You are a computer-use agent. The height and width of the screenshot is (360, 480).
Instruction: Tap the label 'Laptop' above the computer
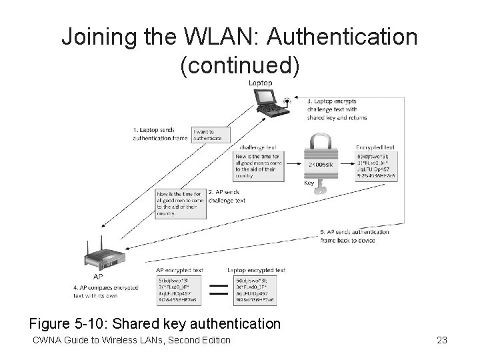tap(260, 83)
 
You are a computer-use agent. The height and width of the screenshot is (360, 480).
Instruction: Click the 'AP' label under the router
tap(98, 275)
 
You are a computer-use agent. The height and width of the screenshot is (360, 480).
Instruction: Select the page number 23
tap(441, 341)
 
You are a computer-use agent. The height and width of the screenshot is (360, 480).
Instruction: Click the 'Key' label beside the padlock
tap(309, 182)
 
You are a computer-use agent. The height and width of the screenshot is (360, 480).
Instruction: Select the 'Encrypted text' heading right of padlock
tap(375, 147)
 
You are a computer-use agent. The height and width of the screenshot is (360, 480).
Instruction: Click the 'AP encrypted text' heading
tap(179, 270)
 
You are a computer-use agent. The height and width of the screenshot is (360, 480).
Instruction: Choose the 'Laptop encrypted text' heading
tap(257, 270)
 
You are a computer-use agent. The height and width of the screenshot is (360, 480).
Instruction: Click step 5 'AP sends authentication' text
tap(355, 232)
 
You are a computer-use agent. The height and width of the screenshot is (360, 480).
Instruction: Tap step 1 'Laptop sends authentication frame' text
tap(160, 134)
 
